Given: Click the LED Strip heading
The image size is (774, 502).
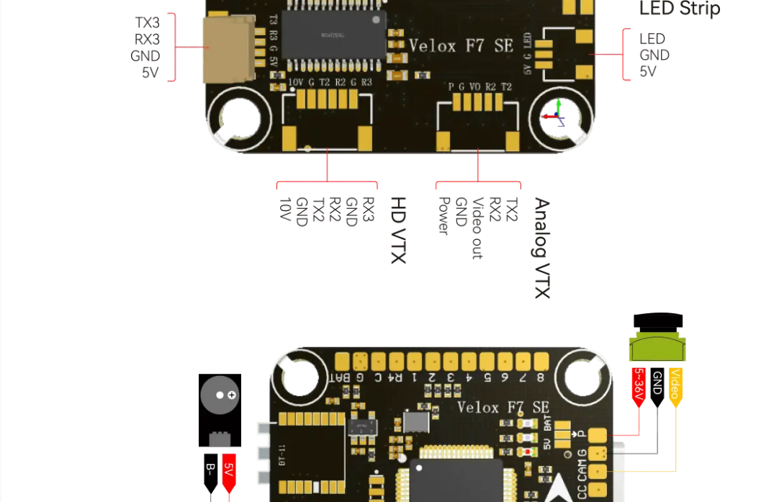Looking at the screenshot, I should point(679,9).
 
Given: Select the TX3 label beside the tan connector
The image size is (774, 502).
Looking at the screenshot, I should point(147,23).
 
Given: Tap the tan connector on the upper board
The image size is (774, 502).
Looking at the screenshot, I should point(229,49).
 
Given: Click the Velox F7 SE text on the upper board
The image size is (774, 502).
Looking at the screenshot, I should point(461,46).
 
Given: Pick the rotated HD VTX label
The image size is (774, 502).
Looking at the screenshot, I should point(398,230).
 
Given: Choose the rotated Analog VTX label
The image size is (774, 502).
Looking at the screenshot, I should point(541,248).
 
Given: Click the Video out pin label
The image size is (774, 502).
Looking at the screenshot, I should point(477,228).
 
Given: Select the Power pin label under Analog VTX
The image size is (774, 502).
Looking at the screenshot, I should point(444,215).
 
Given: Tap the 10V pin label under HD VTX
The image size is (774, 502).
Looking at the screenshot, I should point(284,210).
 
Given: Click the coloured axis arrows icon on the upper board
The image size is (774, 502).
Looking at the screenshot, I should point(555,113).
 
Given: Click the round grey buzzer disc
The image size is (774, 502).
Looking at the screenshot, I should point(220,395).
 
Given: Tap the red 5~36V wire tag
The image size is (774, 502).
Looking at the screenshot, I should point(639,387).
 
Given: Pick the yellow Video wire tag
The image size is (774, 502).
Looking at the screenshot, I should point(675,387).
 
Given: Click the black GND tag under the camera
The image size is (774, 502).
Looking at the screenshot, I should point(657,387).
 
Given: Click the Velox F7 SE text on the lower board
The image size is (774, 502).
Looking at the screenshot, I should point(503,408).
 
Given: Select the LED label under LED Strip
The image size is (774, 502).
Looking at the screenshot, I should point(652,39).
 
